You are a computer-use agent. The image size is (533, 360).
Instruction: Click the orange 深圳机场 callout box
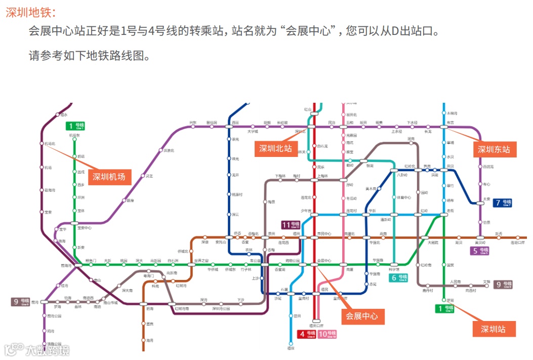110,177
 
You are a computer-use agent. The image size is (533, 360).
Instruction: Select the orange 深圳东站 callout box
494,149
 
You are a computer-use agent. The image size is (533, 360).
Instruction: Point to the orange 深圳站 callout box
494,329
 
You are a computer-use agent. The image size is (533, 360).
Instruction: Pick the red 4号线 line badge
307,335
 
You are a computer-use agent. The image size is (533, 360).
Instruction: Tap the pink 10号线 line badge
327,335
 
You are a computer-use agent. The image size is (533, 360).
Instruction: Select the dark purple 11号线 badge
291,225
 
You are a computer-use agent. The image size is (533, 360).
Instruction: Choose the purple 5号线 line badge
479,251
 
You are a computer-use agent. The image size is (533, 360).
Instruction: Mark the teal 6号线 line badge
398,277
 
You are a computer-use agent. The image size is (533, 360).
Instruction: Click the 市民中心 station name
324,233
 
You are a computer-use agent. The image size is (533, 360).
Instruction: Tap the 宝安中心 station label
84,228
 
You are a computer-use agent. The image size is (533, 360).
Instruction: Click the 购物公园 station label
293,260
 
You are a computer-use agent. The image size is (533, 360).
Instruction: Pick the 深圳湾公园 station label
221,309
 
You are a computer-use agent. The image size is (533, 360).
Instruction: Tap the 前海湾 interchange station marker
78,265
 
